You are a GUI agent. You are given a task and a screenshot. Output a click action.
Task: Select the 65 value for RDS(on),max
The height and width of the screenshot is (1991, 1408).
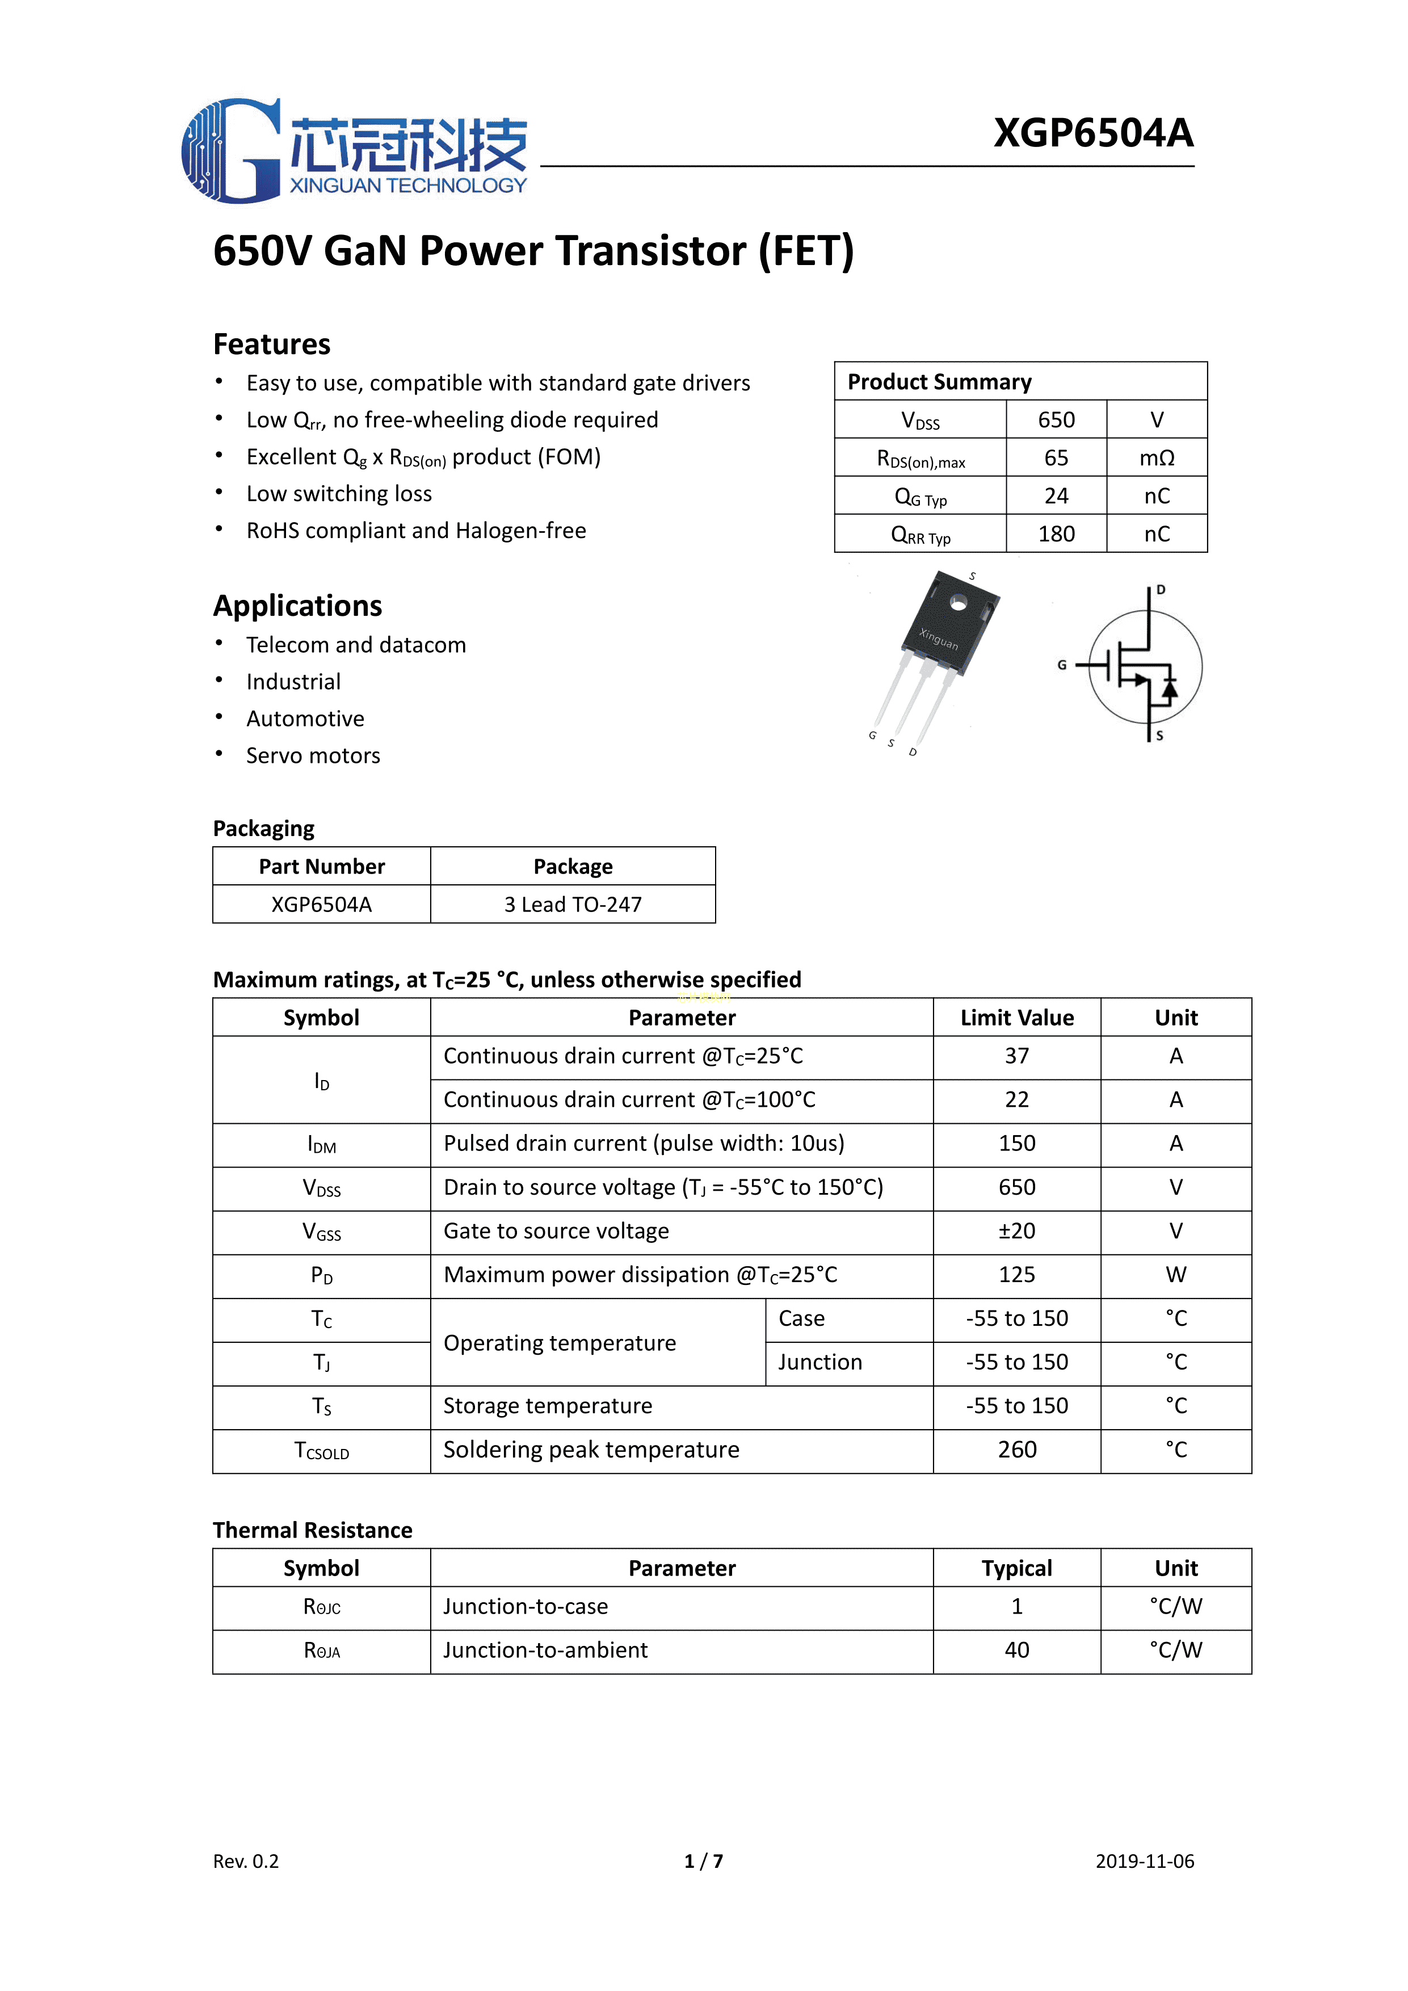tap(1056, 458)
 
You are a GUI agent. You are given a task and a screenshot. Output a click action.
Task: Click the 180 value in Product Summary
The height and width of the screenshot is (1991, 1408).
tap(1056, 534)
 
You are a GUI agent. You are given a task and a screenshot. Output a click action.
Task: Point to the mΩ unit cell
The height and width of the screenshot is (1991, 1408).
tap(1157, 458)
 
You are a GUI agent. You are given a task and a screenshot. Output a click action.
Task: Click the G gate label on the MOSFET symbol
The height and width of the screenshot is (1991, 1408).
tap(1062, 665)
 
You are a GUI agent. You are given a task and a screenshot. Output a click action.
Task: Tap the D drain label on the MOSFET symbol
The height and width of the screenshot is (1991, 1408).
tap(1161, 590)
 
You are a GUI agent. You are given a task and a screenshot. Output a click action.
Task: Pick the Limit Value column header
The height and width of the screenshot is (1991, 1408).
tap(1017, 1018)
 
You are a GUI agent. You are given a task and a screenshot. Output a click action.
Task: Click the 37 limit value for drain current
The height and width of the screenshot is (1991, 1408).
tap(1017, 1056)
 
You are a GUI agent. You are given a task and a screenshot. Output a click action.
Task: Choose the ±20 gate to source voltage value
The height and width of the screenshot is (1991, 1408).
tap(1017, 1232)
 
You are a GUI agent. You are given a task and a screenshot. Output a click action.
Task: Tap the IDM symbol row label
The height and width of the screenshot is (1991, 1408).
tap(322, 1145)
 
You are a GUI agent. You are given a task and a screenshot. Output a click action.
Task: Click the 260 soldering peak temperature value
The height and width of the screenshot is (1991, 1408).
tap(1017, 1450)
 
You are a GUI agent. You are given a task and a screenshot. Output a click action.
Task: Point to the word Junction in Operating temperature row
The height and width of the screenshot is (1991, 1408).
tap(820, 1362)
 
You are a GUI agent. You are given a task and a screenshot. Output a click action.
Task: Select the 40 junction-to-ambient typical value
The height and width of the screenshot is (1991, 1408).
tap(1017, 1650)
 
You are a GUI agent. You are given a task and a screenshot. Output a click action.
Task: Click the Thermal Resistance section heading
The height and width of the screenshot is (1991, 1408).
tap(312, 1531)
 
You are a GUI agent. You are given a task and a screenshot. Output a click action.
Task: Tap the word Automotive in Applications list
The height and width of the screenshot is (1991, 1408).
tap(305, 719)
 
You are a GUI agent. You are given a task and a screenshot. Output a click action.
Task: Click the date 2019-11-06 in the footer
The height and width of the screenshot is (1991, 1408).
tap(1145, 1861)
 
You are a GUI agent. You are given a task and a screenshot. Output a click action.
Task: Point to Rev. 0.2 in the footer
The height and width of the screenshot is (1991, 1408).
tap(246, 1861)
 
